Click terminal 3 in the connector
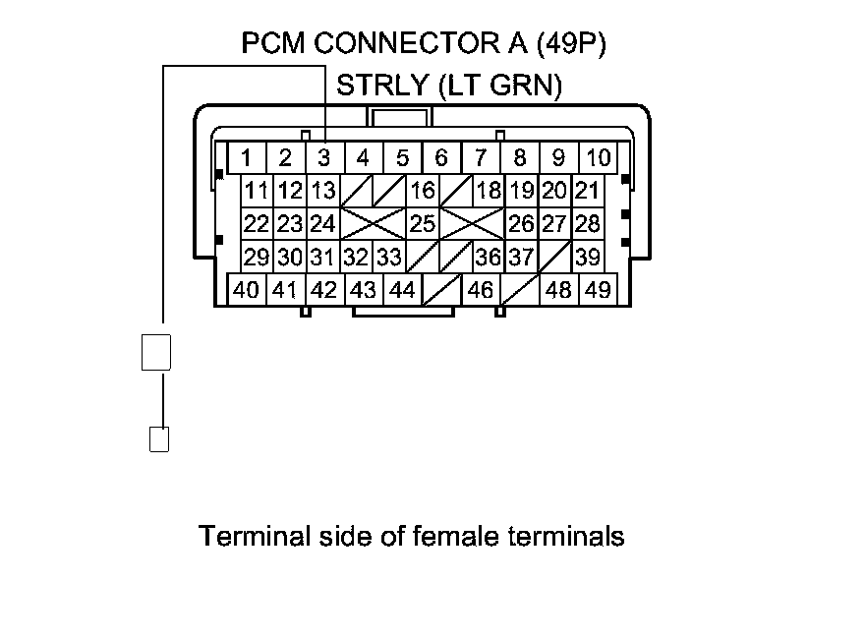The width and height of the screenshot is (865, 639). tap(323, 157)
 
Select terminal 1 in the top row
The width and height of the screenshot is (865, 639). tap(246, 157)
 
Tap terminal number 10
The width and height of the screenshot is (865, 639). tap(598, 157)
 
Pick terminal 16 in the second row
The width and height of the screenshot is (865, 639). tap(423, 191)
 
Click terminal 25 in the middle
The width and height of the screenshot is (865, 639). tap(423, 224)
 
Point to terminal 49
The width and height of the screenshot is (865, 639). tap(598, 291)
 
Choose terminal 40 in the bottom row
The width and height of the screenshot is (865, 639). tap(247, 291)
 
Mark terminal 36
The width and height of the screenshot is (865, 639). tap(488, 258)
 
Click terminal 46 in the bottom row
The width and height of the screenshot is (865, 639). tap(481, 291)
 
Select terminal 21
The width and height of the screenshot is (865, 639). tap(587, 191)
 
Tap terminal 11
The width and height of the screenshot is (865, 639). tap(257, 191)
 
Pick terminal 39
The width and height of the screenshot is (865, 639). tap(588, 258)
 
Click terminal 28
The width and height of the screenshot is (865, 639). tap(587, 224)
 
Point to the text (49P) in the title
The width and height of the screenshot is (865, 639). tap(585, 43)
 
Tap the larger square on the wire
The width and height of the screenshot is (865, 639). tap(157, 352)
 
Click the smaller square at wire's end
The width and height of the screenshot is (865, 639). tap(158, 438)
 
